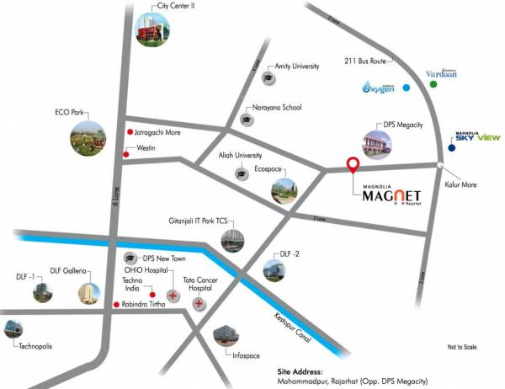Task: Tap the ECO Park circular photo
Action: tap(89, 138)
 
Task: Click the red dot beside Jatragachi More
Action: tap(130, 132)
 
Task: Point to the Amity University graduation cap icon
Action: tap(268, 77)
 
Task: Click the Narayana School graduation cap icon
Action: tap(245, 120)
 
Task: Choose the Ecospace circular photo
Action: tap(284, 190)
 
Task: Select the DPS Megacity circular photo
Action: tap(378, 145)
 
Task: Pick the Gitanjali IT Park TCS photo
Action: tap(234, 239)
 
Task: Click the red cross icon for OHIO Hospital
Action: tap(173, 296)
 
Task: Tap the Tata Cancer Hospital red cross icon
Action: tap(200, 304)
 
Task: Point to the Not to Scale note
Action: tap(462, 347)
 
